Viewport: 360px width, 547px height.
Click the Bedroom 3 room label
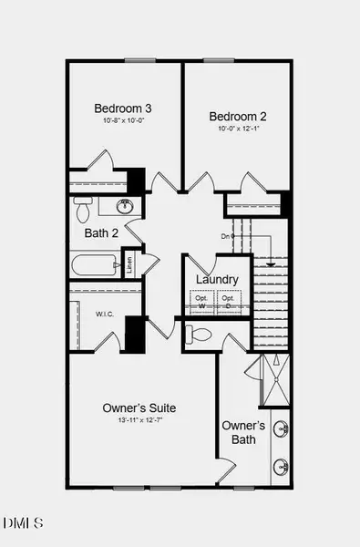123,108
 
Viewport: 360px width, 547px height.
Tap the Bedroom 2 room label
237,117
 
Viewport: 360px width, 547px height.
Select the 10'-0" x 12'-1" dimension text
237,129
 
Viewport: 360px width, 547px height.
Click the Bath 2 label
101,233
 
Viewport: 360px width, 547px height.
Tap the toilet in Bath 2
83,211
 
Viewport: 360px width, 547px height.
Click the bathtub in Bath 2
96,266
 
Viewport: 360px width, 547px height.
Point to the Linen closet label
130,263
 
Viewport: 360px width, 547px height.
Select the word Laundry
217,280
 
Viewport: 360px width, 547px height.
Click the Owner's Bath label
243,432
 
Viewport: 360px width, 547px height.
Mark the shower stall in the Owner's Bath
273,379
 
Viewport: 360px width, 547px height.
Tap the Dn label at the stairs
225,236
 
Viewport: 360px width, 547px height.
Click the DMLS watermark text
24,523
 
